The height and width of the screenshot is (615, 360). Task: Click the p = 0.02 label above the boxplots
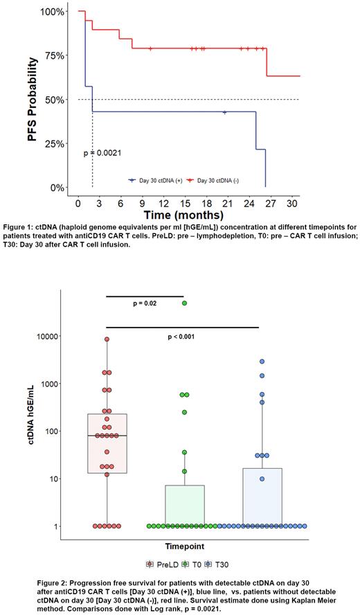146,303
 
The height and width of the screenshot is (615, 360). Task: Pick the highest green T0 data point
184,303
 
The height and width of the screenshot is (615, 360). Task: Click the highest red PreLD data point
107,339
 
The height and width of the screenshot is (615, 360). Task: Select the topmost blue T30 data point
262,362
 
